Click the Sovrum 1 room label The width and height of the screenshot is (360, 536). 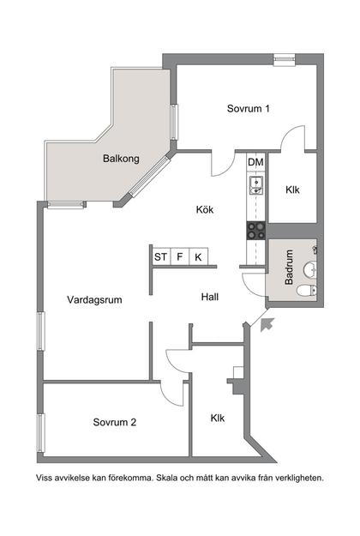point(249,109)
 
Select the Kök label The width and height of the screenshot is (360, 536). point(204,210)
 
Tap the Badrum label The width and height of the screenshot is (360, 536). point(290,266)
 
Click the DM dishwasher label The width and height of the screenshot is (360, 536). point(255,162)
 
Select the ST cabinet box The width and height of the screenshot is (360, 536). point(160,256)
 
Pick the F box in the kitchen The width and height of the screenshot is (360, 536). point(180,256)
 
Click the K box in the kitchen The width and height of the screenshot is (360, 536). point(199,256)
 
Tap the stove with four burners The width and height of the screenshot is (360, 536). point(255,229)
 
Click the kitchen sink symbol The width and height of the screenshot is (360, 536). point(255,184)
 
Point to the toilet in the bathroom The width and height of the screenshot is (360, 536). point(303,292)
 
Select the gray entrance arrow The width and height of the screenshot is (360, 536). point(267,322)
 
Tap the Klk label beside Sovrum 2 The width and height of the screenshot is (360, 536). point(218,419)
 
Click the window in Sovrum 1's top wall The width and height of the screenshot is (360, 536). point(285,59)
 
